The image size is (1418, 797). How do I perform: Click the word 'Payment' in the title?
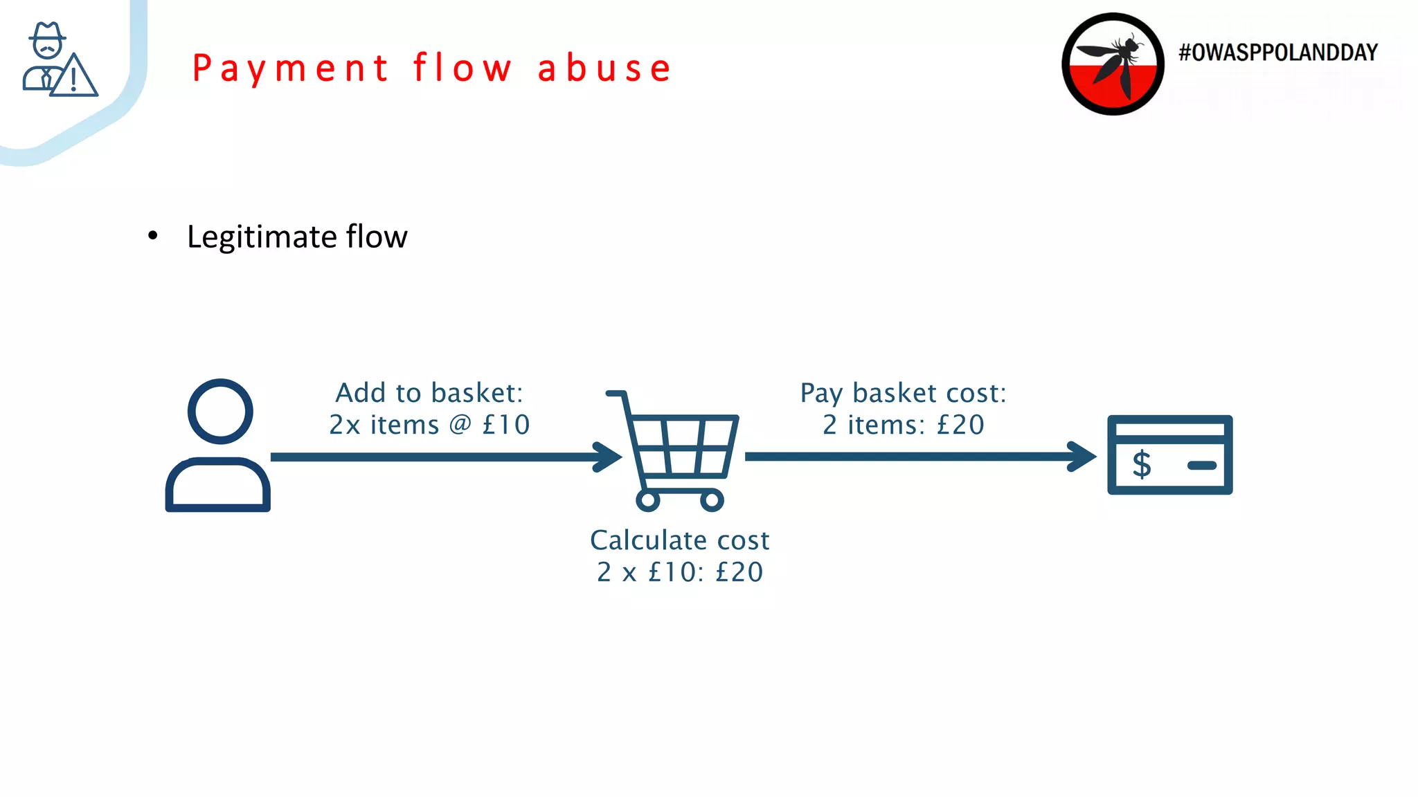(x=291, y=68)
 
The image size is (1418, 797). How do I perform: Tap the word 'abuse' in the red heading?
(x=604, y=68)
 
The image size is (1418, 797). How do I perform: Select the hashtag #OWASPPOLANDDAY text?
(x=1278, y=53)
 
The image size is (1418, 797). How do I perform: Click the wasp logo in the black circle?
(x=1113, y=64)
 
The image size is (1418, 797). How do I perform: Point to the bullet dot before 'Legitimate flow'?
(x=153, y=237)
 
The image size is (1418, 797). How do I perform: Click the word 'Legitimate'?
(x=262, y=237)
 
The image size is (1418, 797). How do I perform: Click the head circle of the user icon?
(x=220, y=412)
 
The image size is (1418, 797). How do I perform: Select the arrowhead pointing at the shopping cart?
(x=609, y=457)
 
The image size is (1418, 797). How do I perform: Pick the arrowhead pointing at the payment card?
(x=1084, y=457)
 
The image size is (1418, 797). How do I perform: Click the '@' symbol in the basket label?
(x=460, y=424)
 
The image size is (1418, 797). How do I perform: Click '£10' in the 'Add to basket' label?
(x=506, y=425)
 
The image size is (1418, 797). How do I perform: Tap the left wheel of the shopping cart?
(x=648, y=500)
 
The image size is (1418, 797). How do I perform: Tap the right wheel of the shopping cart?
(x=712, y=500)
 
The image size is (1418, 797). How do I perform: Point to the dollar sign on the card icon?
(x=1142, y=464)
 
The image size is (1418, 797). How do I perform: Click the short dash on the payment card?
(x=1201, y=466)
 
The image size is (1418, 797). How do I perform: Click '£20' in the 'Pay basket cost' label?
(x=960, y=425)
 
